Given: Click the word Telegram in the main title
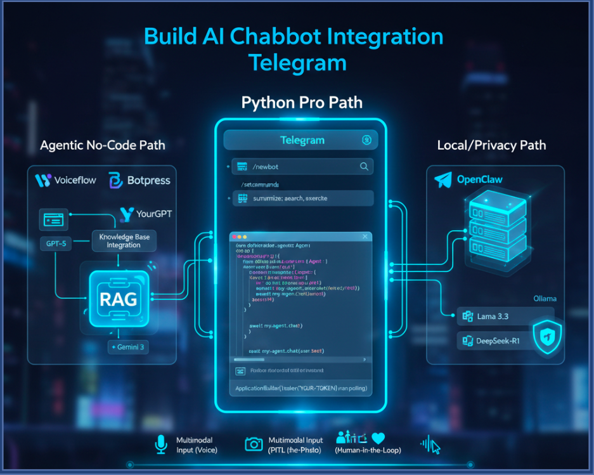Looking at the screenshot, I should (x=297, y=63).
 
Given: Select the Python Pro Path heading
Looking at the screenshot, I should (x=302, y=103).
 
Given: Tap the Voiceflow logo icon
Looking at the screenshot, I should (x=43, y=180).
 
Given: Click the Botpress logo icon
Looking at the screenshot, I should (x=116, y=180).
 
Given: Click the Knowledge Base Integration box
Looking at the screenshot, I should (x=124, y=241).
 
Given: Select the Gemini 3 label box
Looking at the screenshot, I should (x=128, y=346).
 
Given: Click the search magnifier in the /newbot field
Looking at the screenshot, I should (x=364, y=167).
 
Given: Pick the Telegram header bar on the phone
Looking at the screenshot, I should (x=301, y=140).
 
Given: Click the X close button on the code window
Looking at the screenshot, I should (x=364, y=237).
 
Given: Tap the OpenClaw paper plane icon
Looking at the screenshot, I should (x=442, y=180).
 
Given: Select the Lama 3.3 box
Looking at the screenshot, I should (x=505, y=315).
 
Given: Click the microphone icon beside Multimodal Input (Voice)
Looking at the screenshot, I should (x=161, y=445).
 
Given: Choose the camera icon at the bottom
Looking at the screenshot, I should (x=254, y=445).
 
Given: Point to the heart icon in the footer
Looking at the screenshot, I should (x=378, y=438).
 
